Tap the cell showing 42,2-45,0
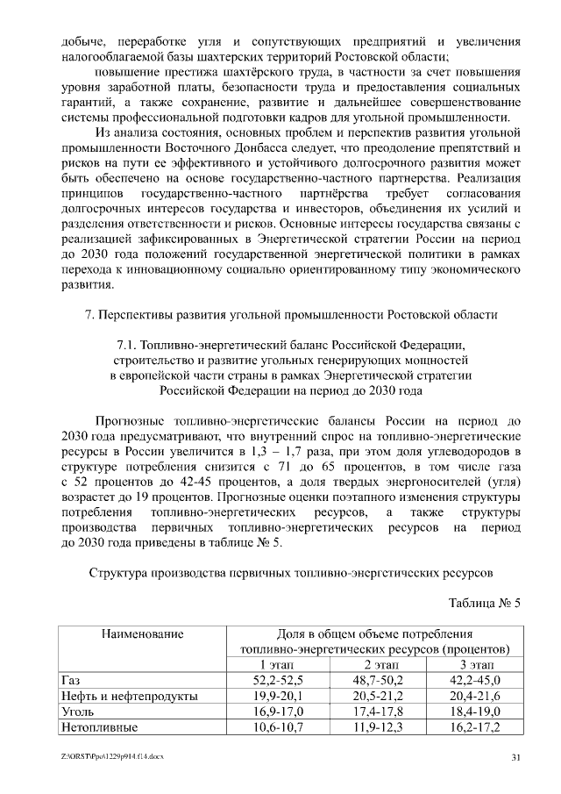tap(477, 680)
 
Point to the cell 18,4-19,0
tap(477, 712)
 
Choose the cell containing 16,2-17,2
tap(477, 727)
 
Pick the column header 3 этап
tap(477, 664)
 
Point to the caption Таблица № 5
tap(485, 604)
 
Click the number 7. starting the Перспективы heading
tap(103, 313)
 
